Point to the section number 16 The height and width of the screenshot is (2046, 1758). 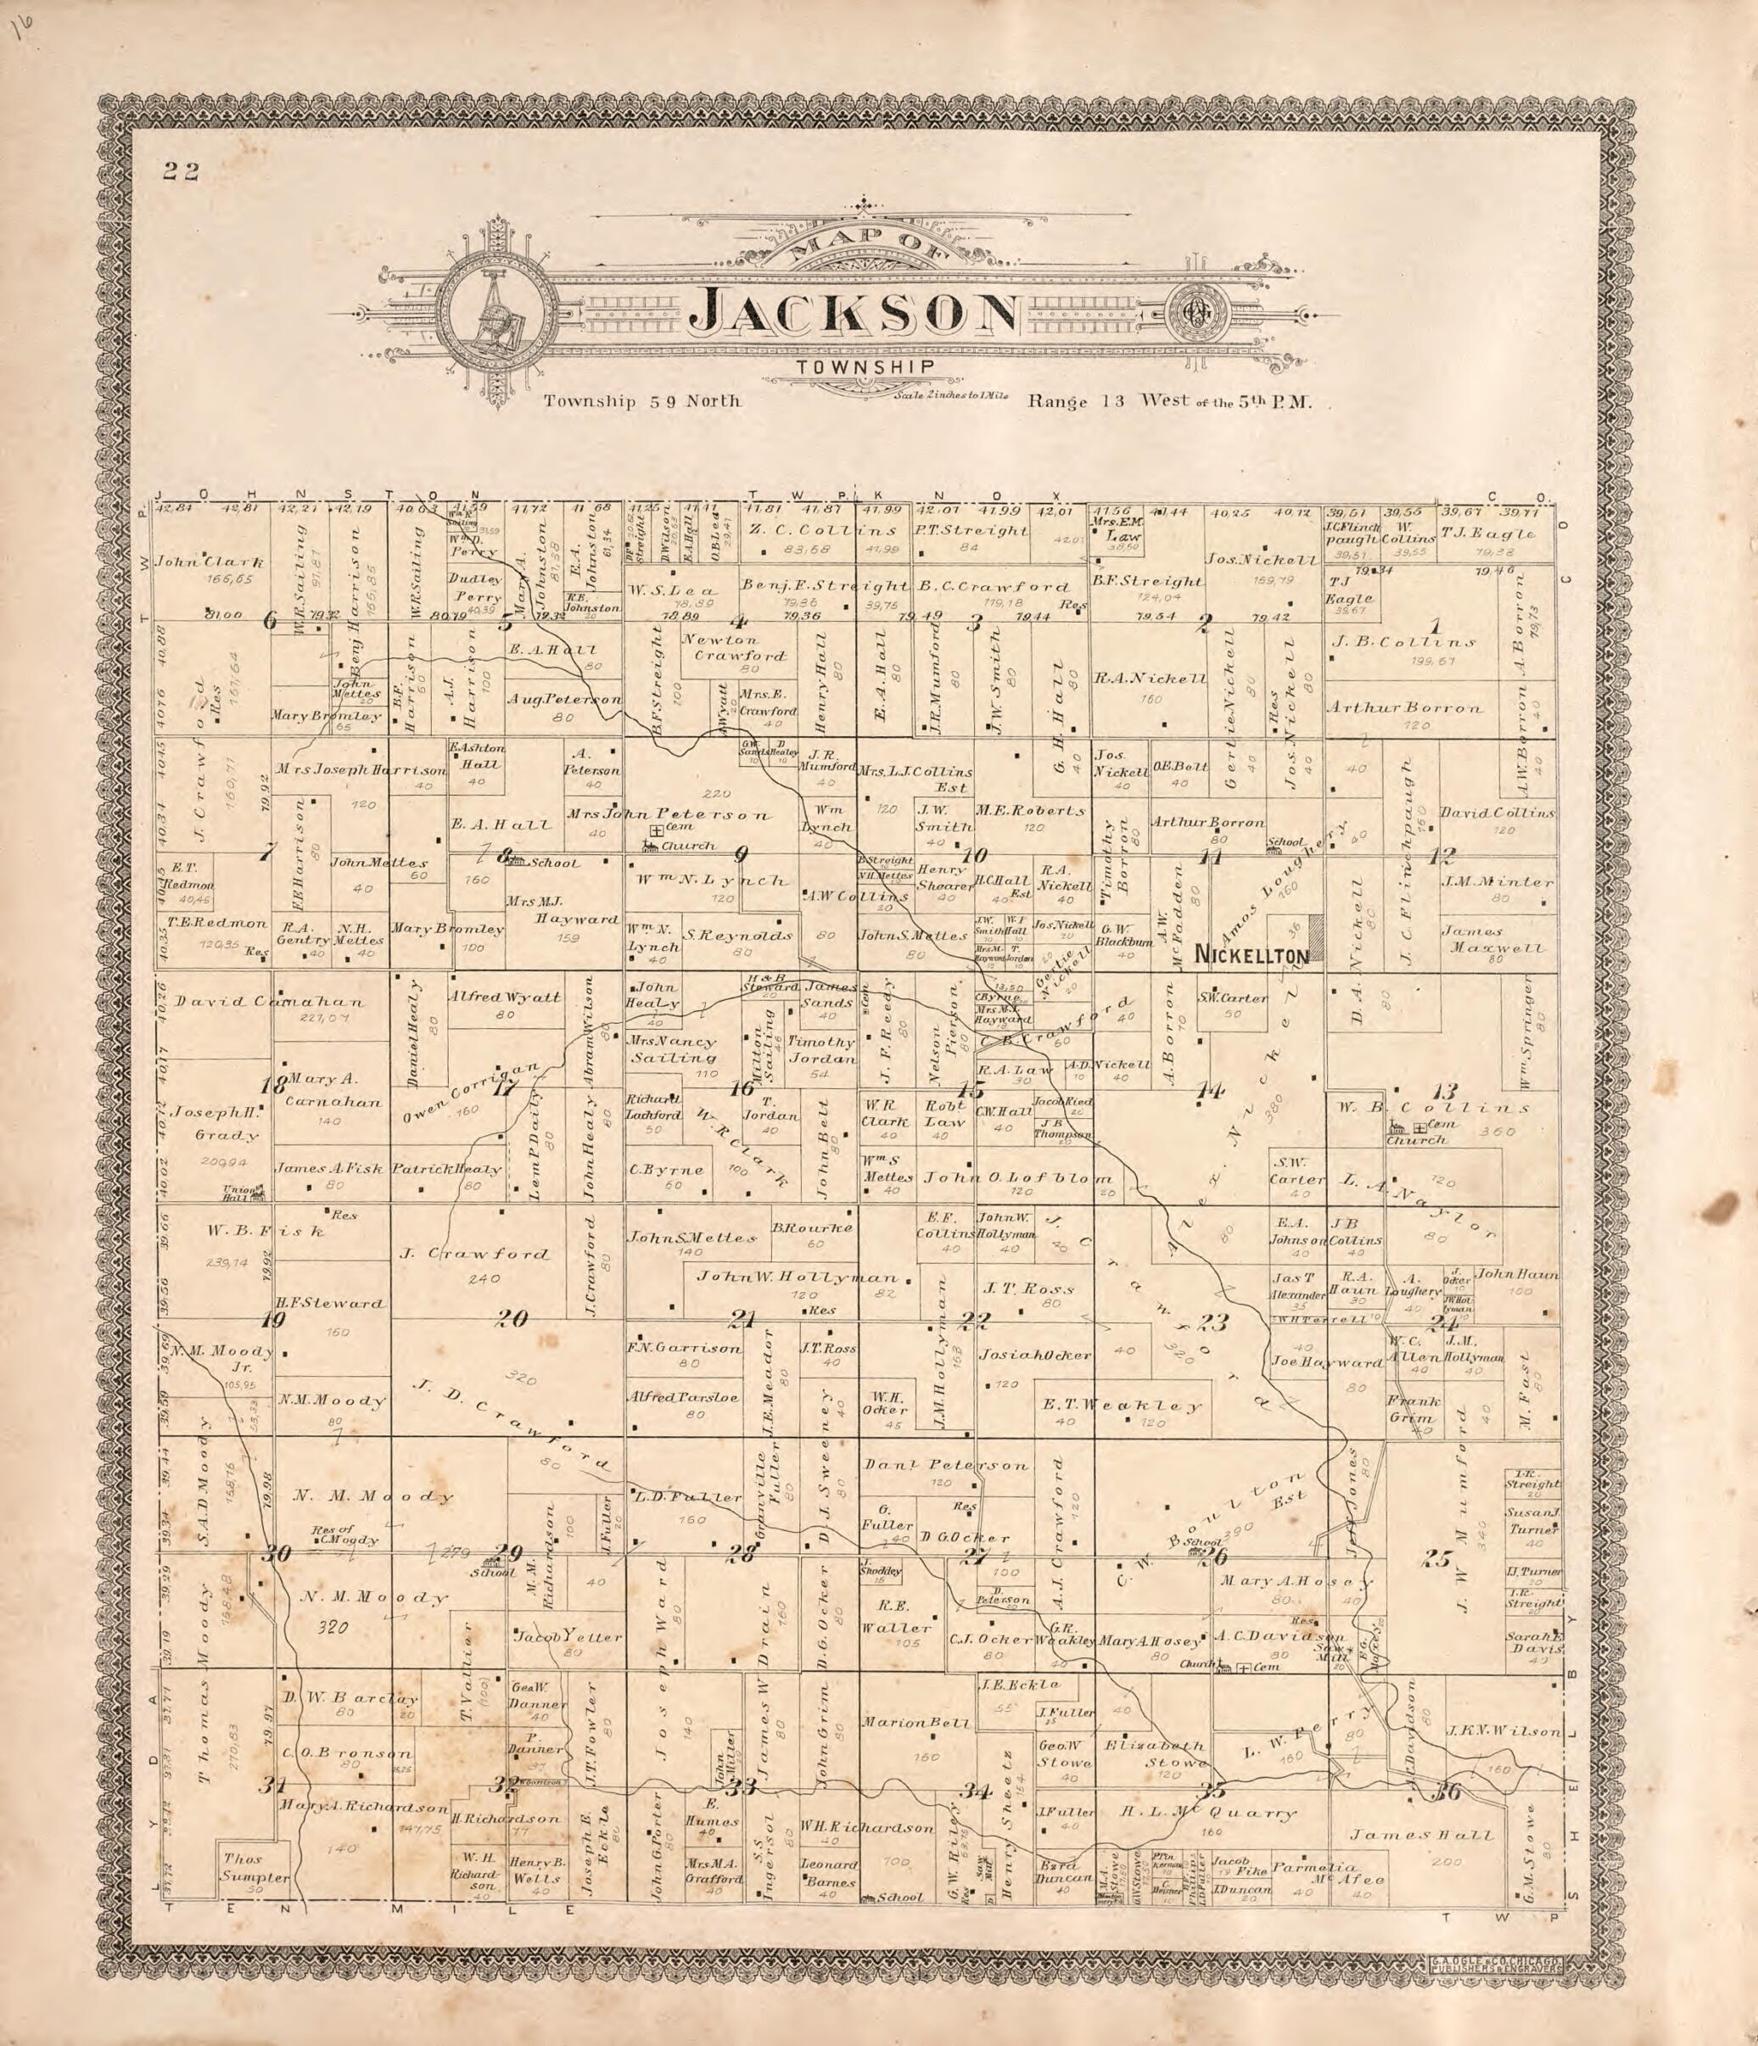tap(742, 1089)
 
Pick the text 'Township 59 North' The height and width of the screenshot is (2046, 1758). tap(641, 402)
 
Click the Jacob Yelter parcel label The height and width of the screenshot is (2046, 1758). tap(567, 1636)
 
